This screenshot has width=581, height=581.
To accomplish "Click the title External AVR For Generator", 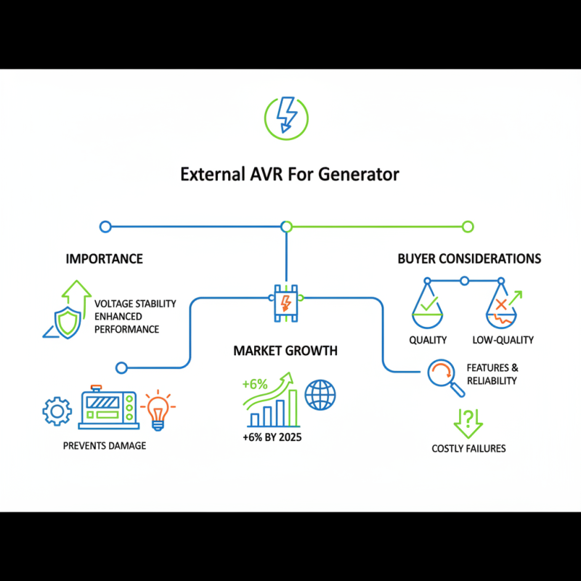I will point(290,175).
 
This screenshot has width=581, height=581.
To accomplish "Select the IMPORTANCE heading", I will point(104,259).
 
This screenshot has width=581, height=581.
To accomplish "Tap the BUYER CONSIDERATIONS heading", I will point(469,259).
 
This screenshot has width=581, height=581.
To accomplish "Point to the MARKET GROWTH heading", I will point(285,351).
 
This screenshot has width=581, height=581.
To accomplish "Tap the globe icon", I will point(320,395).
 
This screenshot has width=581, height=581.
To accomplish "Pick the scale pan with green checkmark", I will point(428,309).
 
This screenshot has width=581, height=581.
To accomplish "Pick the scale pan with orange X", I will point(502,309).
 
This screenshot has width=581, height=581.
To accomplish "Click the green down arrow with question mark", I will point(468,420).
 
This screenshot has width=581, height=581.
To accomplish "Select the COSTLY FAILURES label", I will point(468,448).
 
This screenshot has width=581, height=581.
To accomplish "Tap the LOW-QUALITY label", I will point(503,340).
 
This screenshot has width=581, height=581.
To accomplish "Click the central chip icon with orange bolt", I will point(286,300).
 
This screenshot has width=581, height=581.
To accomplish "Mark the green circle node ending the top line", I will point(468,227).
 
